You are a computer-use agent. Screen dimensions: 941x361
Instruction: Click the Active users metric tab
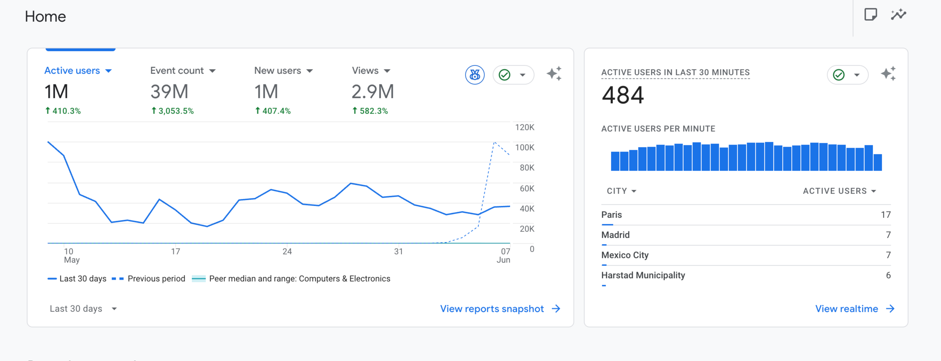coord(78,70)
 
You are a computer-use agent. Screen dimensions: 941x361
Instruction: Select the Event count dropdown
coord(183,70)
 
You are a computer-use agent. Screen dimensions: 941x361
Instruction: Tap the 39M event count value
coord(169,91)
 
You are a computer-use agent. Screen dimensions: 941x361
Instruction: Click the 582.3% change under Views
coord(370,111)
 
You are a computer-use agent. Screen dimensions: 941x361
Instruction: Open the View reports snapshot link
coord(500,309)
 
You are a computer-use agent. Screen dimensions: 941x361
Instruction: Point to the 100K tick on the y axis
coord(525,147)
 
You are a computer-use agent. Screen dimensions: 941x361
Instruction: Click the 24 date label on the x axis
coord(287,251)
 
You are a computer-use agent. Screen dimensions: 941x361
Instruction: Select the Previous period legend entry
coord(148,279)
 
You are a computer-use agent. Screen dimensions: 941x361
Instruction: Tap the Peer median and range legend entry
coord(291,279)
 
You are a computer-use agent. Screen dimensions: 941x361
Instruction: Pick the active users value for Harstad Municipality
coord(888,275)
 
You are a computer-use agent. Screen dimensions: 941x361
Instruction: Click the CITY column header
coord(621,191)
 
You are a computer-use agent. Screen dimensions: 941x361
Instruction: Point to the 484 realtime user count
coord(623,95)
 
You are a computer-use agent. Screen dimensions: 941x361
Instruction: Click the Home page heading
coord(45,16)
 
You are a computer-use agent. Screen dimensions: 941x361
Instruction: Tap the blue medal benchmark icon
coord(475,75)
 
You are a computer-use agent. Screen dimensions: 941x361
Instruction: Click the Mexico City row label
coord(625,255)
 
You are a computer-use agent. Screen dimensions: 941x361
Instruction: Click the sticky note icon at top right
coord(870,15)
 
